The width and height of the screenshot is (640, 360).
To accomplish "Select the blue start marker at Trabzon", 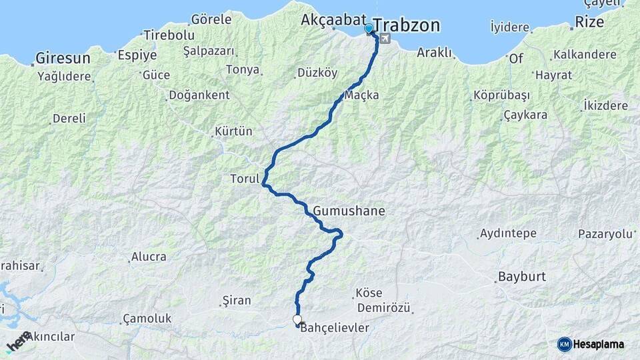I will (x=369, y=29).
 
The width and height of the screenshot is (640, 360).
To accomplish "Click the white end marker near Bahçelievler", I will (x=297, y=319).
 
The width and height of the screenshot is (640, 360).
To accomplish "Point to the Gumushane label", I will (x=348, y=211).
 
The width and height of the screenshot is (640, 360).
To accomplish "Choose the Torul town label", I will (x=244, y=179).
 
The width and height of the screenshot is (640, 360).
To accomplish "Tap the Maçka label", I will (x=363, y=95).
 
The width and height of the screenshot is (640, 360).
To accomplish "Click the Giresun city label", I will (x=63, y=57).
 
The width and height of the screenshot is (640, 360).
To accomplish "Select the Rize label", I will (x=590, y=22).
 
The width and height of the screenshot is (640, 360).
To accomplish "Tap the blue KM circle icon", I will (x=565, y=344).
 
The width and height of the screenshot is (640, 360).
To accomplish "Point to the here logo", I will (x=18, y=341).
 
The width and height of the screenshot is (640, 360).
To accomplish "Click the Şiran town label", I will (x=236, y=301).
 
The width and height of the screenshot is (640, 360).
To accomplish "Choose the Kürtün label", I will (x=234, y=131).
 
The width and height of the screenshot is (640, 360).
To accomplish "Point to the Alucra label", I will (x=149, y=257).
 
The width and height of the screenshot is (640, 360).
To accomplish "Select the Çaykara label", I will (x=525, y=115).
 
